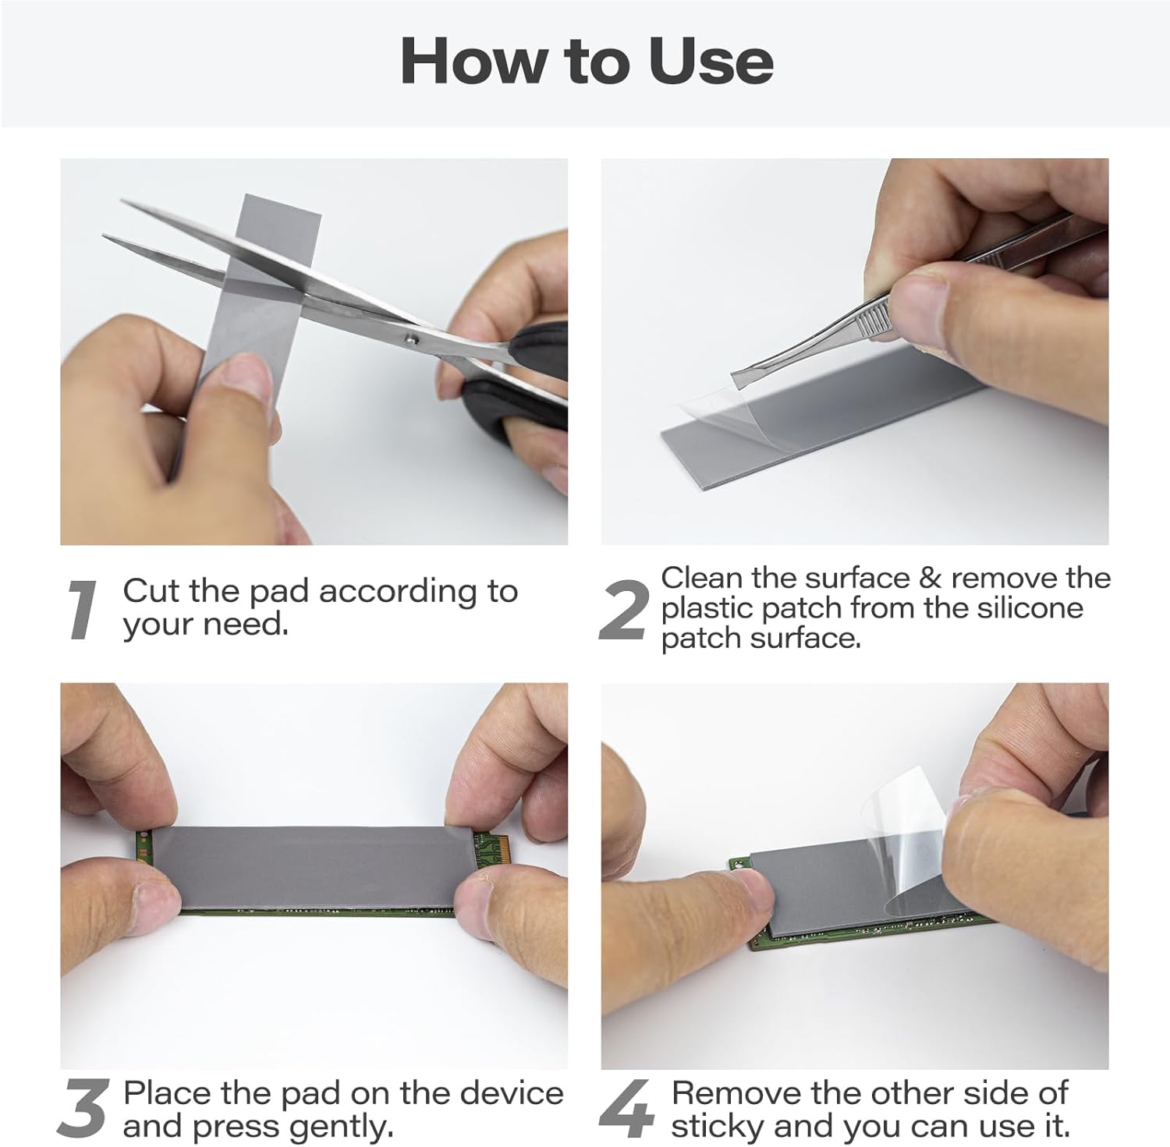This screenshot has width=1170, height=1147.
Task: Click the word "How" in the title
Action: (468, 61)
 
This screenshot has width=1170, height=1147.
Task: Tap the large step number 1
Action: (81, 611)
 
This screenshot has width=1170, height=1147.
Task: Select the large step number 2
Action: (623, 611)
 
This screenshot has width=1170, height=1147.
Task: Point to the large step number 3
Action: (82, 1107)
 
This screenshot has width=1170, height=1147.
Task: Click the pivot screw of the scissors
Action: (412, 338)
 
